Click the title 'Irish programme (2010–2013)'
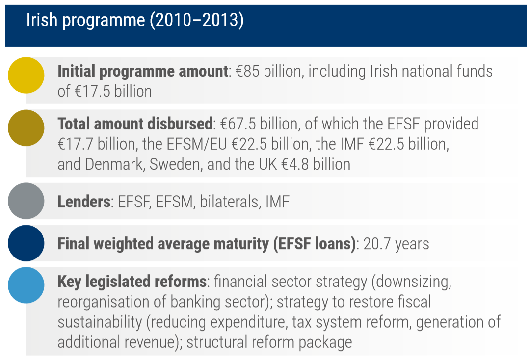(135, 22)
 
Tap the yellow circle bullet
(26, 75)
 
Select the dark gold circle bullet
(26, 128)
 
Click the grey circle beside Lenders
(26, 201)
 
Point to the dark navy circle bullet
(26, 243)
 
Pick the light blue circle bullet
(26, 285)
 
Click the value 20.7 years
(396, 244)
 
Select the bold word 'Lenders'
(84, 202)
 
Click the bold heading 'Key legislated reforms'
(132, 282)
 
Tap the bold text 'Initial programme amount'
(143, 72)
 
